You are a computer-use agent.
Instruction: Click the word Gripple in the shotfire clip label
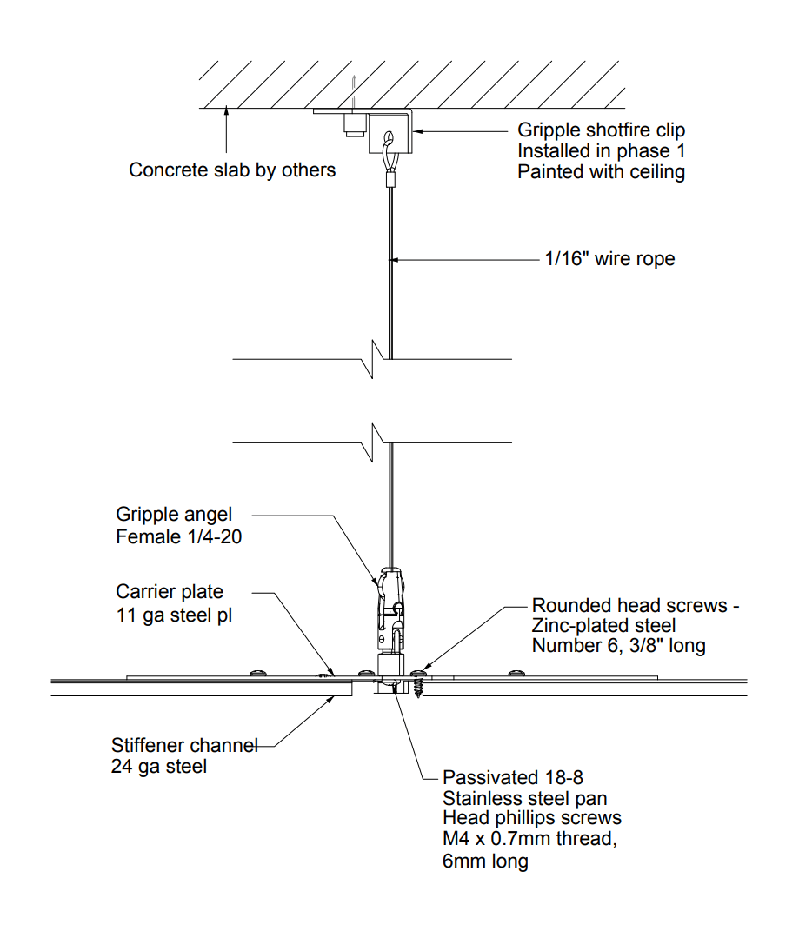549,130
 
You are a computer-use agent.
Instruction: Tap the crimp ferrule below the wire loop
389,181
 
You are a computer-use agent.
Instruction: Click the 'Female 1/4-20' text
178,537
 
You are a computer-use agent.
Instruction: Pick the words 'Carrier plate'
170,592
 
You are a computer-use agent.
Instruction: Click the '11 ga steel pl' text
175,615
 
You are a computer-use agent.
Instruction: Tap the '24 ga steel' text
159,767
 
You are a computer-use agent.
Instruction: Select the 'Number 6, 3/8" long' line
618,646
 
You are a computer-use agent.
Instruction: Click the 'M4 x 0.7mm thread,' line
529,839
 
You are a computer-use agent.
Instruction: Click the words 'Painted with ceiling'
601,172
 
